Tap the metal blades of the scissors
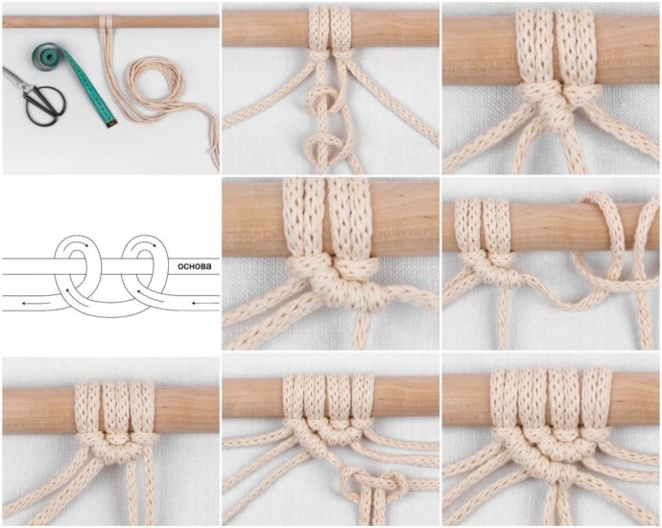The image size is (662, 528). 17,79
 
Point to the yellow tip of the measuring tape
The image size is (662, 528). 110,124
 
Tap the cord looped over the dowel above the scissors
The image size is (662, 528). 106,23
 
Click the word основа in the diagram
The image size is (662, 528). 195,266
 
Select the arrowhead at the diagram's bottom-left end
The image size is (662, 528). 25,303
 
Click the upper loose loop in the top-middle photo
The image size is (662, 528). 321,100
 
